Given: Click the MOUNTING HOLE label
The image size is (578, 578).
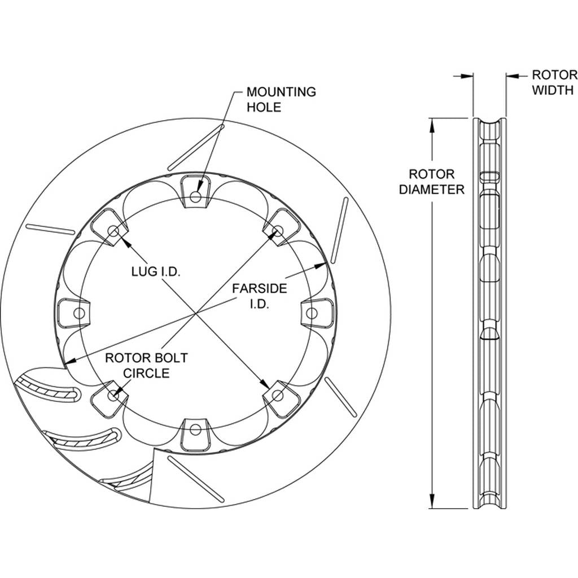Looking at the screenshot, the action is (281, 99).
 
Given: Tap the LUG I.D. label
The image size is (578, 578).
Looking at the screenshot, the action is (156, 272).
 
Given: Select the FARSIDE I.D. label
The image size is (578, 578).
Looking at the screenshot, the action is (260, 296).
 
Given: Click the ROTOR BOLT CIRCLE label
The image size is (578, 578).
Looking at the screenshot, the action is (146, 365).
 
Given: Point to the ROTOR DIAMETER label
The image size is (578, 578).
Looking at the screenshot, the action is (432, 182).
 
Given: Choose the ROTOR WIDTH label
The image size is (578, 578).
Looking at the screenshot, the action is (554, 82).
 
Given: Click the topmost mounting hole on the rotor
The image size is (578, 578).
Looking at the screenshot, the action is (196, 197).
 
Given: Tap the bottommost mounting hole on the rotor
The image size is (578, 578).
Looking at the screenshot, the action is (196, 429).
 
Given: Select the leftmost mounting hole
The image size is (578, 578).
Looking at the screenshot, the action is (79, 313).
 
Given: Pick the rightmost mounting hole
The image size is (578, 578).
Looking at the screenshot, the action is (312, 313).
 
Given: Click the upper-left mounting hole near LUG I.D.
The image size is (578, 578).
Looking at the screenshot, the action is (113, 231).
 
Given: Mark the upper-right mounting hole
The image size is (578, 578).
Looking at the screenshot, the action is (278, 231).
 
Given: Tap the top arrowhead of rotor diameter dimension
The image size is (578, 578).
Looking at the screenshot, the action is (432, 125).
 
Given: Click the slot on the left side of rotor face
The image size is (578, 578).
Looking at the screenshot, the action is (50, 229).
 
